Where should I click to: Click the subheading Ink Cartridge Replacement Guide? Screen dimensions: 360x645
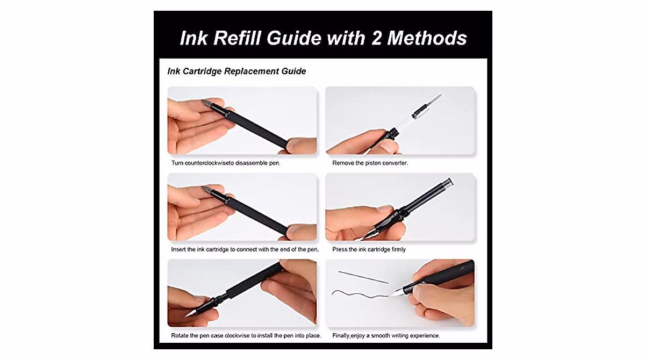click(236, 71)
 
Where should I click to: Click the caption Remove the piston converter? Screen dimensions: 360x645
click(370, 163)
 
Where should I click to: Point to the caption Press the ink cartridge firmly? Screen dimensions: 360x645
click(369, 249)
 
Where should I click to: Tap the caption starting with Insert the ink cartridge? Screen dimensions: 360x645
click(245, 249)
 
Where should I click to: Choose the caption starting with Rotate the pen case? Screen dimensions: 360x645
click(246, 336)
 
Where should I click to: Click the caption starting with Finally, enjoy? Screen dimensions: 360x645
click(386, 336)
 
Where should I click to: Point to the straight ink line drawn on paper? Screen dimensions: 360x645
click(363, 277)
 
